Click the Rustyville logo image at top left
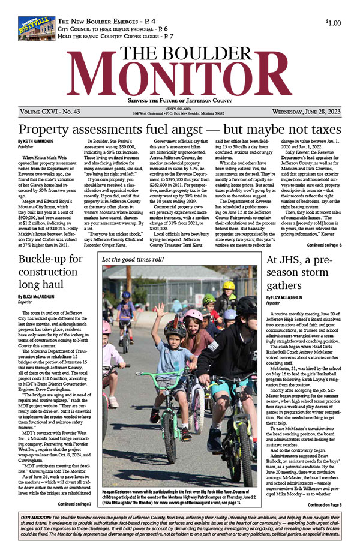(x=37, y=28)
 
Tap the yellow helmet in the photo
(x=229, y=285)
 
